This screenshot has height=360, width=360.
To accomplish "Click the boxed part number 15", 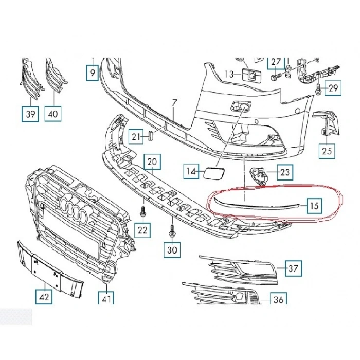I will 315,207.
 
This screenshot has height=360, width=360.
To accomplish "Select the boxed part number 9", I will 92,74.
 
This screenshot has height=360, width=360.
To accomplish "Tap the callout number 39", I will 30,114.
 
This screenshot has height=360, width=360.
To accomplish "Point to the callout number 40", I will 53,114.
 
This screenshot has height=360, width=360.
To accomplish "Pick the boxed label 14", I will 192,172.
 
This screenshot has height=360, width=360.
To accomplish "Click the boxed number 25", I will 327,151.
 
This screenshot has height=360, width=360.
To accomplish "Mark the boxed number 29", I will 333,88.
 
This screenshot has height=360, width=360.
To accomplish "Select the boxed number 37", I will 294,268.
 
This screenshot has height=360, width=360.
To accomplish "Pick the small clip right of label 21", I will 151,136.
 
